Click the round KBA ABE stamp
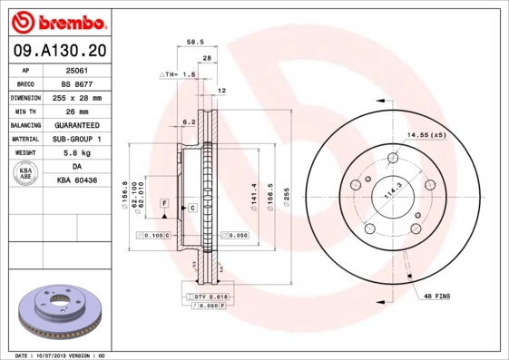coord(25,174)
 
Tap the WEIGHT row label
coord(25,153)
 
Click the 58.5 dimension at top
coord(194,42)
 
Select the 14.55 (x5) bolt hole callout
coord(426,135)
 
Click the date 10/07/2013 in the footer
coord(58,355)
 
